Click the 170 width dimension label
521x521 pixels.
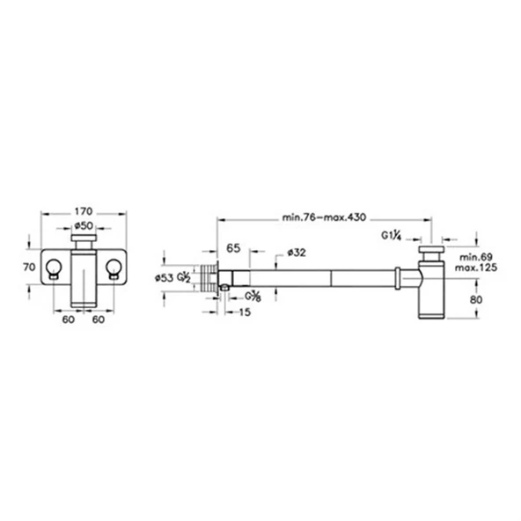pyautogui.click(x=83, y=211)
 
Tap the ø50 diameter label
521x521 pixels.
pyautogui.click(x=84, y=226)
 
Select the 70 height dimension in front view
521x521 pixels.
pyautogui.click(x=29, y=267)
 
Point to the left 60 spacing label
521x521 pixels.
pyautogui.click(x=69, y=319)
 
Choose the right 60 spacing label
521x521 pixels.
pyautogui.click(x=99, y=319)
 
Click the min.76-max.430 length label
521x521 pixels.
pyautogui.click(x=324, y=217)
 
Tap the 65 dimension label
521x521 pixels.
pyautogui.click(x=233, y=248)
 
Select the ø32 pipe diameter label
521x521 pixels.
pyautogui.click(x=297, y=253)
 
